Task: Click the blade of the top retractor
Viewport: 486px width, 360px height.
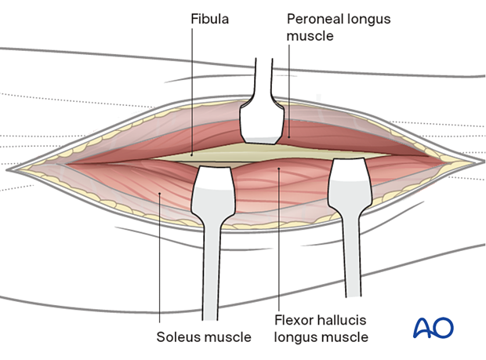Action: click(261, 122)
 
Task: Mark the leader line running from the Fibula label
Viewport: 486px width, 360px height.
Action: click(191, 86)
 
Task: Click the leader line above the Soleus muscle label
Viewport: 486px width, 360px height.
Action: click(158, 259)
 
